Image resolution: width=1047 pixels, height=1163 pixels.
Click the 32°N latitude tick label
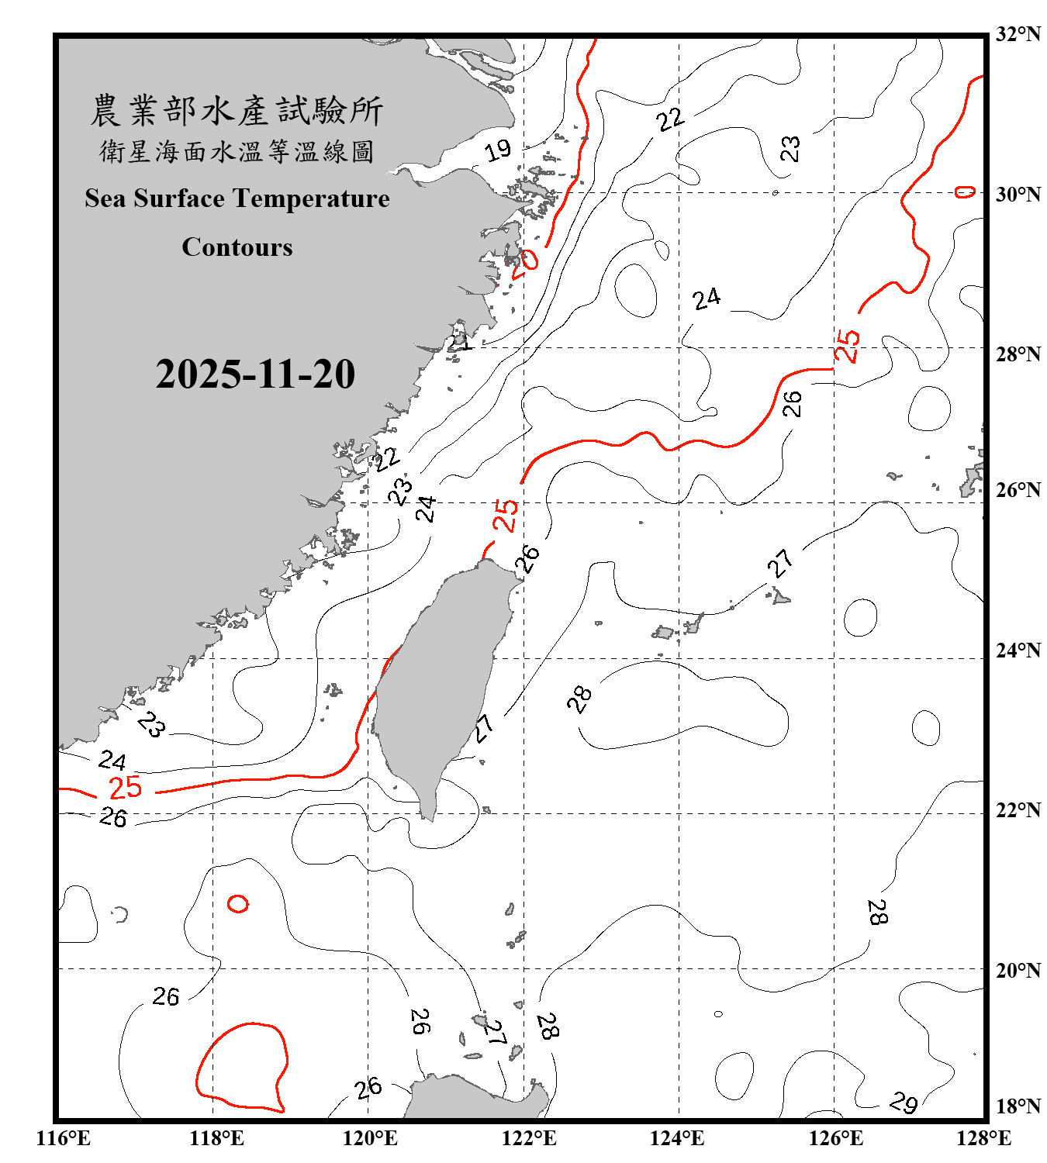pyautogui.click(x=1018, y=34)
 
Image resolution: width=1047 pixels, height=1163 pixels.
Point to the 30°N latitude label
pyautogui.click(x=1018, y=195)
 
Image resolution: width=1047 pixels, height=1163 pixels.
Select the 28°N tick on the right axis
pyautogui.click(x=1018, y=354)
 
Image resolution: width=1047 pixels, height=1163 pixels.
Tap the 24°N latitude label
pyautogui.click(x=1018, y=651)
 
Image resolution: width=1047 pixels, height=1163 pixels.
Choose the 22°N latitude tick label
pyautogui.click(x=1018, y=810)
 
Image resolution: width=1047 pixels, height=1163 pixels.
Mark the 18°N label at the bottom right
pyautogui.click(x=1018, y=1106)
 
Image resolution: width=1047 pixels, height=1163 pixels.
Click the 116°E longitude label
pyautogui.click(x=64, y=1138)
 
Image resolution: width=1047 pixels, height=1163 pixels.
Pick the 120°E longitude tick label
pyautogui.click(x=370, y=1138)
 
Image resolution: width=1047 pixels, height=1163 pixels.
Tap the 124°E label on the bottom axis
pyautogui.click(x=677, y=1138)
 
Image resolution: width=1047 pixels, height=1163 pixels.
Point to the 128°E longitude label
pyautogui.click(x=983, y=1138)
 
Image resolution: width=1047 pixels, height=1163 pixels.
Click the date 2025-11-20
pyautogui.click(x=255, y=374)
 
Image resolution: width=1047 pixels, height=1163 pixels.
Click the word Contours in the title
pyautogui.click(x=237, y=247)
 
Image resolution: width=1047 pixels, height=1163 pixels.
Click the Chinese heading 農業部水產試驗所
pyautogui.click(x=237, y=110)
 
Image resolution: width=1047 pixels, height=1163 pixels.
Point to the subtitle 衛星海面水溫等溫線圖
pyautogui.click(x=237, y=151)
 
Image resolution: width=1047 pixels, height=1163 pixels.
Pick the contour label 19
pyautogui.click(x=498, y=150)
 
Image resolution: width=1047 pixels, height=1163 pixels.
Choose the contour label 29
pyautogui.click(x=904, y=1102)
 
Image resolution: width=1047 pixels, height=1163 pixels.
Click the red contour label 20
pyautogui.click(x=524, y=261)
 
